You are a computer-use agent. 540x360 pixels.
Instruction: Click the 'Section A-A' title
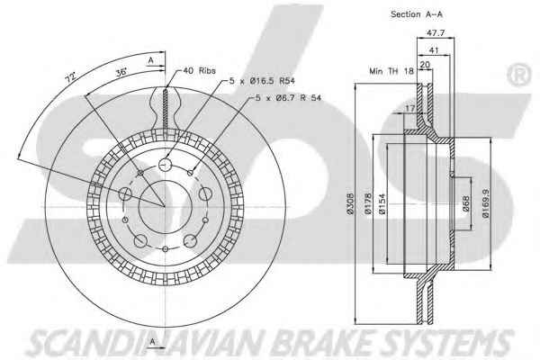[x=417, y=14]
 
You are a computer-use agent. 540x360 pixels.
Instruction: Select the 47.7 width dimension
[x=436, y=33]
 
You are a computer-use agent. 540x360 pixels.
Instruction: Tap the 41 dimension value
[x=434, y=50]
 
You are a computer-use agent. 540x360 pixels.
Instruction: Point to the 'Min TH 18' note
[x=391, y=71]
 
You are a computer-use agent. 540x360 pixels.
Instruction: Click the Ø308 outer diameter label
[x=350, y=204]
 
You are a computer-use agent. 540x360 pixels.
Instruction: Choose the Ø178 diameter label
[x=368, y=204]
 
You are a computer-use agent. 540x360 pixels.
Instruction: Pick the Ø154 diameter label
[x=382, y=204]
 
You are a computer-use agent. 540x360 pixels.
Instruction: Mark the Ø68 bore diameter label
[x=465, y=203]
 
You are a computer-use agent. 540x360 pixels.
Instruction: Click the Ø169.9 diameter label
[x=486, y=203]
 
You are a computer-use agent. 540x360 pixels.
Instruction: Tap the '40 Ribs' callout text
[x=199, y=70]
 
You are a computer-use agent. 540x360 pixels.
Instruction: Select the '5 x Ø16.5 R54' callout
[x=262, y=81]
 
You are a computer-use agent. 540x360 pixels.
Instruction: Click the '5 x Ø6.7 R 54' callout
[x=288, y=98]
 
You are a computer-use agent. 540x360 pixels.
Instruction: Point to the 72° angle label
[x=70, y=77]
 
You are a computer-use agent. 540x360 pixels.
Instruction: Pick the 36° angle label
[x=121, y=72]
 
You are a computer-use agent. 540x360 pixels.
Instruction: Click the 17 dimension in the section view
[x=409, y=109]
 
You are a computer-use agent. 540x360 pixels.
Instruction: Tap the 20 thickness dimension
[x=425, y=65]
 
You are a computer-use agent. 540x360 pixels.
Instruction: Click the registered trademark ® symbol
[x=518, y=75]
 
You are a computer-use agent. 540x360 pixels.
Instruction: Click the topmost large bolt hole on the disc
[x=165, y=165]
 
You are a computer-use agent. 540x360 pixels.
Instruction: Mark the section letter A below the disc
[x=153, y=342]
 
